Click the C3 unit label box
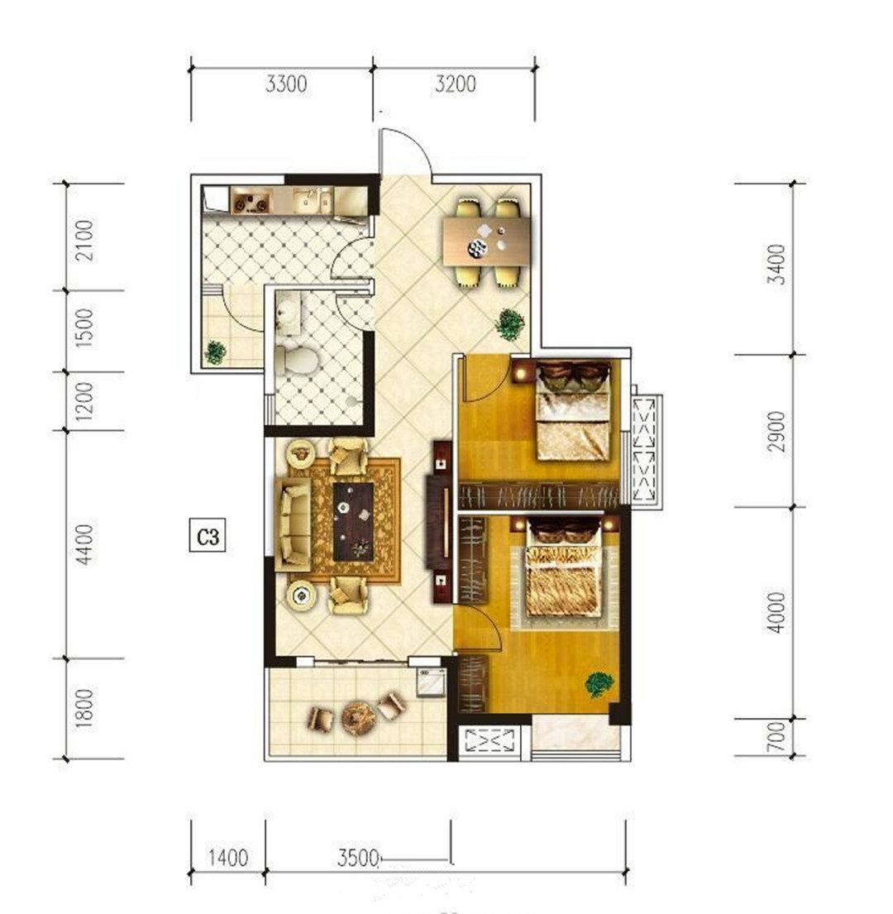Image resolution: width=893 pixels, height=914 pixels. click(x=208, y=536)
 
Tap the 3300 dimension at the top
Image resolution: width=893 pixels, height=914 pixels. click(x=286, y=84)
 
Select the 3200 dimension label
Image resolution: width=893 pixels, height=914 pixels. click(x=455, y=84)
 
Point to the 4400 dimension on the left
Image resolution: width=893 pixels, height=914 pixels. click(x=84, y=544)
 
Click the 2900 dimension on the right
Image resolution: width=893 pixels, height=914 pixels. click(x=776, y=431)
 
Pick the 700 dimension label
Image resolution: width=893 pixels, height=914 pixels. click(x=776, y=737)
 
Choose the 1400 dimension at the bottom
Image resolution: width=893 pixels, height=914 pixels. click(x=228, y=858)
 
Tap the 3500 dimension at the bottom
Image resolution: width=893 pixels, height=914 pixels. click(x=358, y=858)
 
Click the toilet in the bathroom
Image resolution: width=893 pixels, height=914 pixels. click(x=297, y=360)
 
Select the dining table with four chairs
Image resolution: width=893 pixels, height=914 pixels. click(x=487, y=242)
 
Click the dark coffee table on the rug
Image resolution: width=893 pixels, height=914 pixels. click(x=353, y=522)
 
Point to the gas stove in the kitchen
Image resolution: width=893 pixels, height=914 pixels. click(x=252, y=200)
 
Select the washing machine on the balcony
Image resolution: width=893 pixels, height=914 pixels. click(x=432, y=682)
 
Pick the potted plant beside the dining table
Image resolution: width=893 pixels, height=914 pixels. click(x=510, y=323)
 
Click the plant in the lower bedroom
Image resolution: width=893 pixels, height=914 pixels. click(x=599, y=684)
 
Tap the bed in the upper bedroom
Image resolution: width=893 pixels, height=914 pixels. click(x=572, y=411)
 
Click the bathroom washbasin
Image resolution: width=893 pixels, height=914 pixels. click(x=287, y=313)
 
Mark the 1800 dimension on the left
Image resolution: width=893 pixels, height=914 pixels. click(x=84, y=708)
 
